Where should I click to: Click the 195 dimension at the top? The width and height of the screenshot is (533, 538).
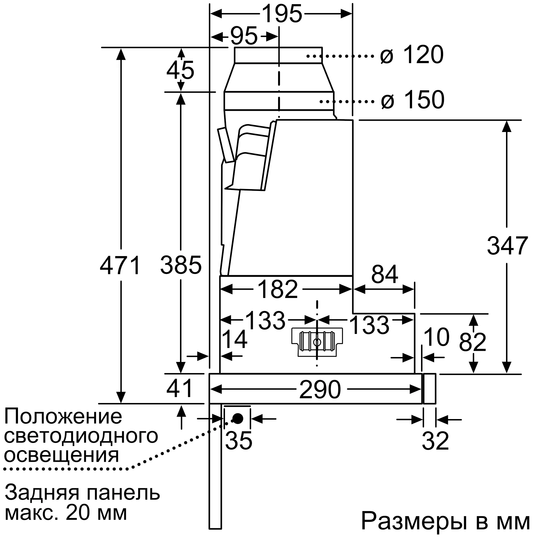[282, 14]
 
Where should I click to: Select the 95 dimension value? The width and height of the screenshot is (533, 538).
[244, 36]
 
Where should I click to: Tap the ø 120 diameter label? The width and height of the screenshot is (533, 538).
[412, 55]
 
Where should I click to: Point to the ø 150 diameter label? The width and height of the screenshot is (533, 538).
[412, 100]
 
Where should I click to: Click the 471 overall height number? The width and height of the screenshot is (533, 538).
[120, 265]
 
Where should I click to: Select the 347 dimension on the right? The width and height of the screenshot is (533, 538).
[507, 246]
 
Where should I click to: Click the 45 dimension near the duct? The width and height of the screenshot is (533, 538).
[180, 70]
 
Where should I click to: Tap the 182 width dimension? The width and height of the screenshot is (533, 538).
[278, 289]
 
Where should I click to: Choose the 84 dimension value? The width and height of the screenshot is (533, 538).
[384, 274]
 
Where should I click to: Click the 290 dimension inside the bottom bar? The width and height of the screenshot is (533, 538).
[320, 389]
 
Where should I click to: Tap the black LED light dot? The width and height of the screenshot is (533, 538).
[237, 419]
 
